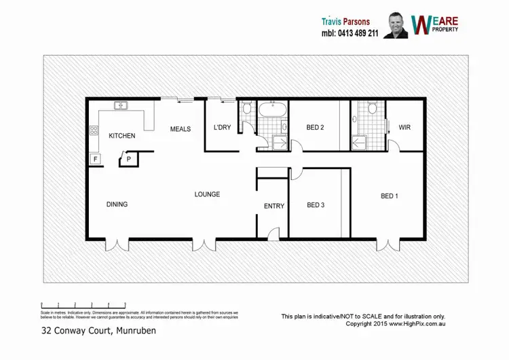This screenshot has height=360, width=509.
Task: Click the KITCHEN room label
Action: tap(122, 136)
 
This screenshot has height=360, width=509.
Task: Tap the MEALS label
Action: tap(180, 129)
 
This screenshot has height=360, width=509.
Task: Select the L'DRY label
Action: tap(223, 128)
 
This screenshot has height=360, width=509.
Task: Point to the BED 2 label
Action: tap(316, 128)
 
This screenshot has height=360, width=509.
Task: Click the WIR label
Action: tap(404, 128)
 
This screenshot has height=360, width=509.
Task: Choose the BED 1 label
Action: tap(389, 196)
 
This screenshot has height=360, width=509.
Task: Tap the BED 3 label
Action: tap(316, 205)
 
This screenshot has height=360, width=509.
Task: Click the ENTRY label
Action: tap(274, 206)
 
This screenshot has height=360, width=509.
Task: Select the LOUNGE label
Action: tap(207, 194)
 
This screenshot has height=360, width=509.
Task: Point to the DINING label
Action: tap(117, 204)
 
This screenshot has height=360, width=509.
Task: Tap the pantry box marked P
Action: tap(128, 159)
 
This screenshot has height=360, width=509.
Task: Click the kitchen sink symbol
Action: tap(121, 106)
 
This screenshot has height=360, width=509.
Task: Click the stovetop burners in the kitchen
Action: tap(92, 131)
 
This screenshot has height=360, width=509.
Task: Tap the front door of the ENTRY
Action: tap(274, 234)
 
